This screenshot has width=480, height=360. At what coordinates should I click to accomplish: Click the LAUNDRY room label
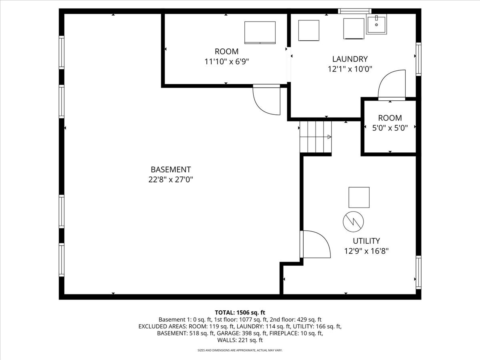click(x=350, y=59)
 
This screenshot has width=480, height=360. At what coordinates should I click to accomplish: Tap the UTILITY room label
click(x=366, y=241)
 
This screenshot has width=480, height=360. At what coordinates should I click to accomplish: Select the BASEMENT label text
click(x=171, y=170)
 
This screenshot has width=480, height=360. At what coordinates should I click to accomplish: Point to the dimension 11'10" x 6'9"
click(x=227, y=62)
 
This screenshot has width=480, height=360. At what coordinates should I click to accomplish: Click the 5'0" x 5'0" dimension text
click(x=390, y=128)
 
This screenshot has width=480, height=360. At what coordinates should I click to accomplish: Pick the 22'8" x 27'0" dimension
click(x=170, y=180)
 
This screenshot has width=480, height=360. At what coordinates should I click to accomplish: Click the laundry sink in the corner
click(x=376, y=24)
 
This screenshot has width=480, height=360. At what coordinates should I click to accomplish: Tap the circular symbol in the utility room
click(x=353, y=222)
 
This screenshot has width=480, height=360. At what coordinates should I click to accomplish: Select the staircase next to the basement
click(x=316, y=137)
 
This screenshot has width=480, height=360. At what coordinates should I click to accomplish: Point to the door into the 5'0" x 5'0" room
click(x=392, y=85)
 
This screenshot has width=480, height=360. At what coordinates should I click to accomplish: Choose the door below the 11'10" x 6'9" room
click(x=266, y=100)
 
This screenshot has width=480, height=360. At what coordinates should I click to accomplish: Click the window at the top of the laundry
click(x=354, y=11)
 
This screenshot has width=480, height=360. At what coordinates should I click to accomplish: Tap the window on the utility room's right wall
click(x=418, y=272)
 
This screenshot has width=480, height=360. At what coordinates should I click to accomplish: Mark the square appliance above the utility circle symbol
click(x=359, y=197)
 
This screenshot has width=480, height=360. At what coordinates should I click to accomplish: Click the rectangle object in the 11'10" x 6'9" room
click(x=260, y=32)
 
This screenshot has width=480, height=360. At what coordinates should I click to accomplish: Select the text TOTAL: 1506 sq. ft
click(x=240, y=312)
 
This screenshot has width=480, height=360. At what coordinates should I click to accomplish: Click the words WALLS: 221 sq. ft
click(x=240, y=340)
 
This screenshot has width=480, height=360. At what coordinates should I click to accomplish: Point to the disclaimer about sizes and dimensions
click(x=240, y=350)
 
